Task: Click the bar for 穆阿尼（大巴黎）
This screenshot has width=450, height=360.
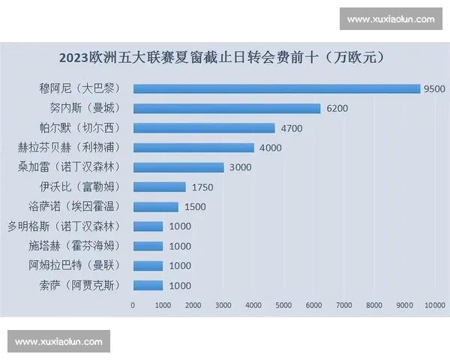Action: coord(276,88)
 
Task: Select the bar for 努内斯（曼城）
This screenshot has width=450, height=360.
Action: coord(226,108)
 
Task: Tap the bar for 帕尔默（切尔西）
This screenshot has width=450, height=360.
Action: coord(204,127)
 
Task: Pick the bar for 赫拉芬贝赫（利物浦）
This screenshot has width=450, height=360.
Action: coord(193,148)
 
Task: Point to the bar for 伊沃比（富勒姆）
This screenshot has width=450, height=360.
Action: coord(159,187)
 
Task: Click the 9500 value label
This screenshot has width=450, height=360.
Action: coord(434,88)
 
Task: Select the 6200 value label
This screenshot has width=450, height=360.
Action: coord(337,108)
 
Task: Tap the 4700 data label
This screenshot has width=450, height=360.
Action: coord(291,128)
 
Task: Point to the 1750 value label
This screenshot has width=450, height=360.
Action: coord(202,187)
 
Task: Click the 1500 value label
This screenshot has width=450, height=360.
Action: coord(194,206)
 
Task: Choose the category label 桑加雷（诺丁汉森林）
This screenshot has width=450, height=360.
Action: coord(74,167)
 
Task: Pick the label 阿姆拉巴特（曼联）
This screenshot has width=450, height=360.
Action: coord(74,265)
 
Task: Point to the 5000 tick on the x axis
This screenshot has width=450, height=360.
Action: coord(283,305)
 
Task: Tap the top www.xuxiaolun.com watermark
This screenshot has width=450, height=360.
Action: coord(391,19)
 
